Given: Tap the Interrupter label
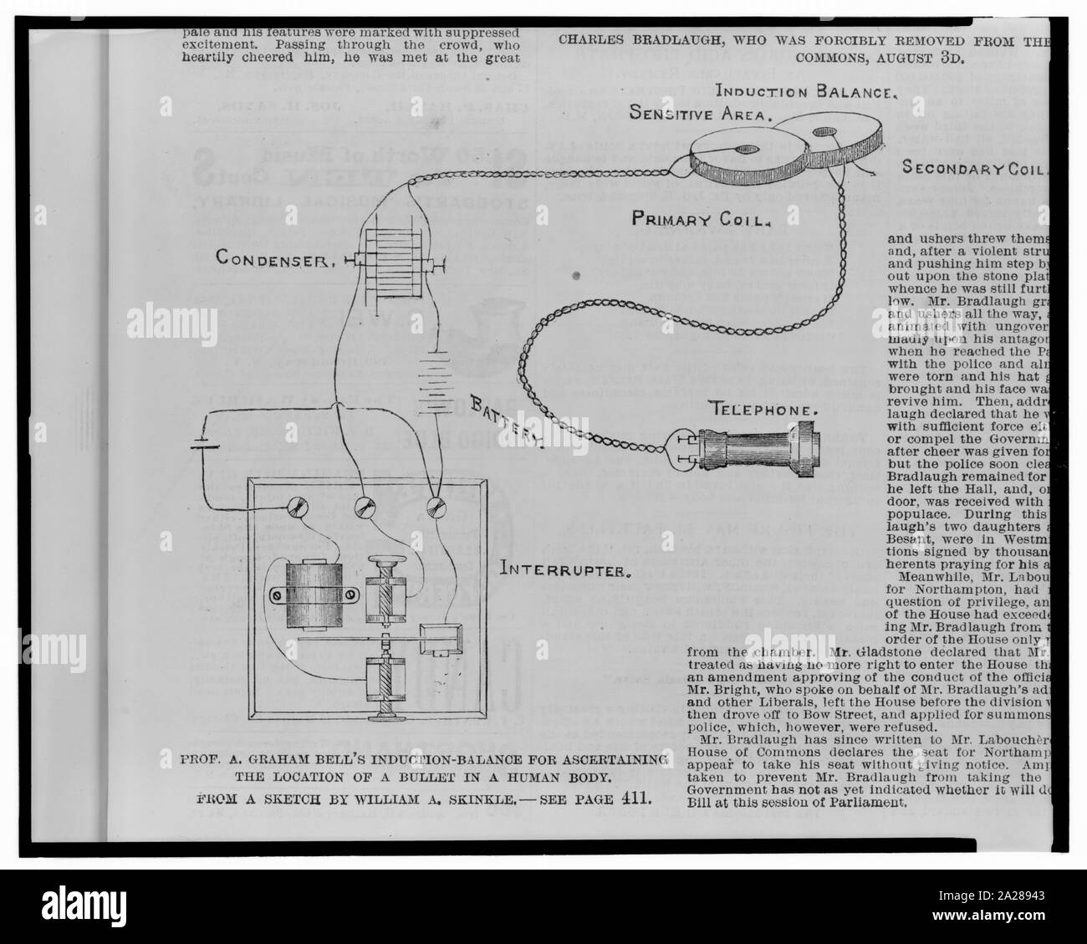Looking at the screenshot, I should (x=564, y=572).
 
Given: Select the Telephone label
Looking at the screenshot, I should (x=763, y=410).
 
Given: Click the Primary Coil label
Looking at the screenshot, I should (x=701, y=219).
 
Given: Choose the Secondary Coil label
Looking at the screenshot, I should (x=973, y=169).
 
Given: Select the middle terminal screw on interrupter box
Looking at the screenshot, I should (x=364, y=507).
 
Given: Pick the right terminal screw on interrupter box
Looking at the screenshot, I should (x=434, y=507).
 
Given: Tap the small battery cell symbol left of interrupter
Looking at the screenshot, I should (x=206, y=445).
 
